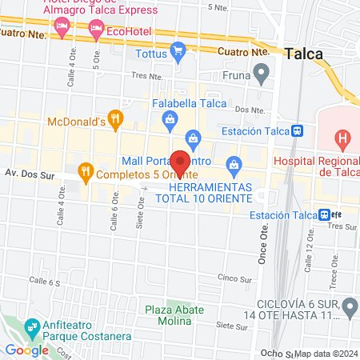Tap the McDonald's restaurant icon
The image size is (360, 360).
click(116, 121)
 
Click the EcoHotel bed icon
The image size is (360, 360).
click(96, 30)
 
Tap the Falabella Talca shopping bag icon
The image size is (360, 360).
click(170, 119)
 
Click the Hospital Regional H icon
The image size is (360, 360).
click(342, 141)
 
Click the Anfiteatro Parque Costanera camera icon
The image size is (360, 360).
click(32, 327)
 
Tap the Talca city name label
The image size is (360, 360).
click(304, 54)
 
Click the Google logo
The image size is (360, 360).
click(26, 350)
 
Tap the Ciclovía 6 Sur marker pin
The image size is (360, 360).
click(349, 306)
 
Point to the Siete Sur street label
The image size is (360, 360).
click(232, 326)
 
